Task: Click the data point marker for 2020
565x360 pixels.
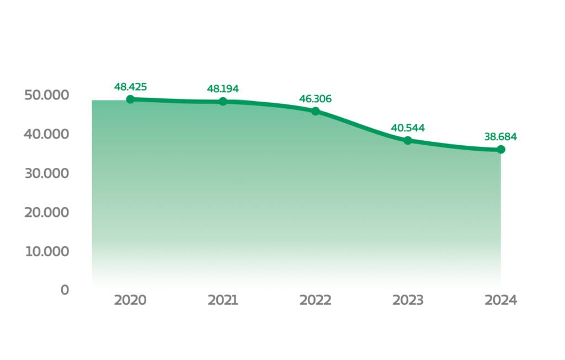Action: (x=130, y=99)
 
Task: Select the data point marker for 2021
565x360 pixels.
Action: (x=223, y=102)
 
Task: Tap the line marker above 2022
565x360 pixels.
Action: (x=316, y=112)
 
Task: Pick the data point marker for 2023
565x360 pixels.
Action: (x=408, y=140)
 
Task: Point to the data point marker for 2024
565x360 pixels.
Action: (x=500, y=150)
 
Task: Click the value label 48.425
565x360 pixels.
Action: (x=130, y=87)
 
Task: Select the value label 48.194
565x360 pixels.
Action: (x=223, y=88)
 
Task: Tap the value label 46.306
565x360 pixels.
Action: (x=316, y=99)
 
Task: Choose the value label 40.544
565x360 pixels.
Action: (x=408, y=128)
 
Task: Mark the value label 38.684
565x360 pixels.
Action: (x=500, y=136)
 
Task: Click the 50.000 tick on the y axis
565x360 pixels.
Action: (x=46, y=95)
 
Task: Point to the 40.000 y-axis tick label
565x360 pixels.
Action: (x=46, y=134)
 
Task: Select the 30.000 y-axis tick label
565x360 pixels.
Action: (x=46, y=173)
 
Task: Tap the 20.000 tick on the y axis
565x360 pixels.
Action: (x=46, y=213)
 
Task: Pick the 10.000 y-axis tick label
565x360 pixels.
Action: (x=46, y=252)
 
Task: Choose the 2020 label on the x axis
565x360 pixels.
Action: (x=130, y=300)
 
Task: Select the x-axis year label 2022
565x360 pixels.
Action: (x=316, y=300)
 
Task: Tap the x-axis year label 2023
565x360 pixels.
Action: (x=408, y=300)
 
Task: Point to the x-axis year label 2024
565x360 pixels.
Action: (x=500, y=300)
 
